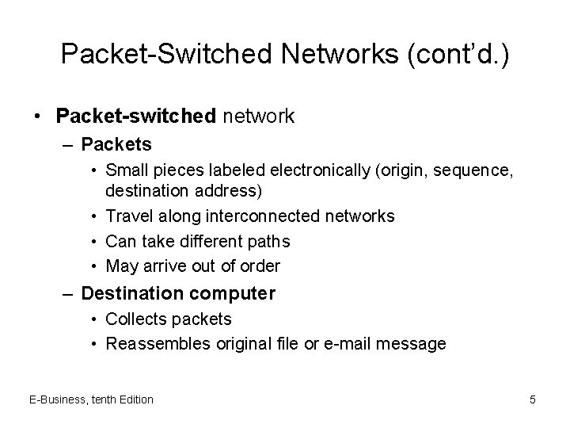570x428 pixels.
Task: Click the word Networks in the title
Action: tap(340, 54)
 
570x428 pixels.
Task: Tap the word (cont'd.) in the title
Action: tap(458, 55)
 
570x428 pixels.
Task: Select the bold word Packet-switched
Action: tap(136, 116)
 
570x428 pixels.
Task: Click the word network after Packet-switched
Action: tap(258, 117)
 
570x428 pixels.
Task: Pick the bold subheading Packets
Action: tap(116, 144)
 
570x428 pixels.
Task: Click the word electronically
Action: tap(320, 170)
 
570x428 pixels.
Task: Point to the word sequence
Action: tap(473, 171)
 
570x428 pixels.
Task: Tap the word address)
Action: tap(228, 191)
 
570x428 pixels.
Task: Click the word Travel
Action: tap(129, 216)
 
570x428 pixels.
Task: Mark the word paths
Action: tap(268, 242)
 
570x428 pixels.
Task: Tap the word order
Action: tap(260, 266)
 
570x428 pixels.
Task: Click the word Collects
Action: tap(136, 319)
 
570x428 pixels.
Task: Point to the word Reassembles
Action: tap(158, 344)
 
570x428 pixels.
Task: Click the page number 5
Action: tap(533, 399)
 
